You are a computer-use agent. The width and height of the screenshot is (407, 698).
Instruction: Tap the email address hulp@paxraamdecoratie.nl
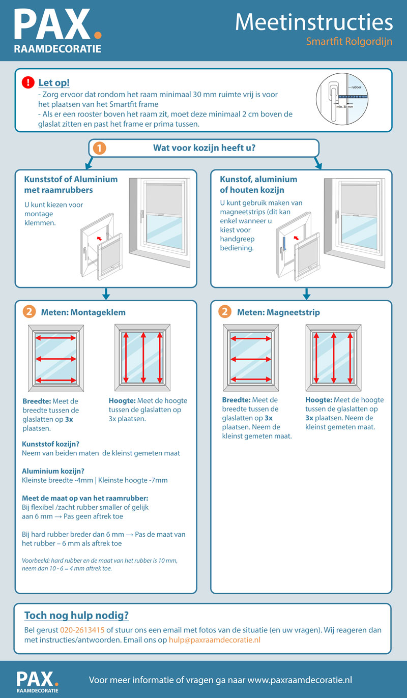tap(214, 639)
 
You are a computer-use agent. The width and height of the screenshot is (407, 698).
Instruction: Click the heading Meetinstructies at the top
tap(314, 22)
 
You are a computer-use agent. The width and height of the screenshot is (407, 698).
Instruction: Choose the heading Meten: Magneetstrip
tap(278, 312)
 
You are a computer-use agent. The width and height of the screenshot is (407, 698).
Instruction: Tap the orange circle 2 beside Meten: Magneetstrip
tap(224, 312)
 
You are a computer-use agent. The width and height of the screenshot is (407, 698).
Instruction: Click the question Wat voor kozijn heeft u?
tap(204, 148)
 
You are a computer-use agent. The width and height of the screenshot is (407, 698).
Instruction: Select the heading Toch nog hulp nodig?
tap(76, 616)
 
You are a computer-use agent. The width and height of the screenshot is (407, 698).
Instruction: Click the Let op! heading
tap(54, 82)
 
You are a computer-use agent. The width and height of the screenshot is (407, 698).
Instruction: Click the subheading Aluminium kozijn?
tap(52, 471)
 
